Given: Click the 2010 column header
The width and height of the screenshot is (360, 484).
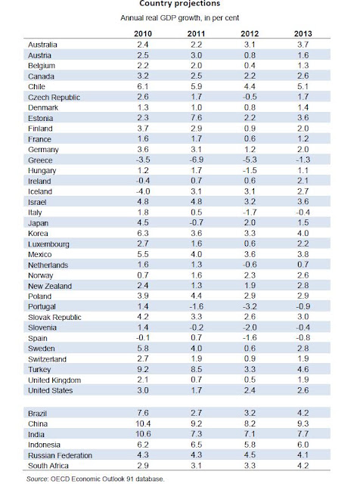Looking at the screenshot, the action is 143,33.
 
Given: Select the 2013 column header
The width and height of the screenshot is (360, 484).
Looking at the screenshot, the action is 303,33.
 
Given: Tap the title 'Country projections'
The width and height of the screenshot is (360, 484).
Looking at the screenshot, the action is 180,3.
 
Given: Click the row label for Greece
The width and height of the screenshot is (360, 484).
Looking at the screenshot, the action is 40,160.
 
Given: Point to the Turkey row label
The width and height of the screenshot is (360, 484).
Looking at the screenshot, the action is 39,370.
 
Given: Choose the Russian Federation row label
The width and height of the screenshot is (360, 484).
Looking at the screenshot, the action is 60,455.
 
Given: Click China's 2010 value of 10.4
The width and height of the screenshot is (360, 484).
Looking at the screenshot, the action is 143,423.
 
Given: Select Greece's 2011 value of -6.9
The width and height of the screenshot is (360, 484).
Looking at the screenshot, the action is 197,160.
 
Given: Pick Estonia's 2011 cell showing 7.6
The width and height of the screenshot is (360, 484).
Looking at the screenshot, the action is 197,118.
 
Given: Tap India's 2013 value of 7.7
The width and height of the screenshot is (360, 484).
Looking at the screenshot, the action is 303,434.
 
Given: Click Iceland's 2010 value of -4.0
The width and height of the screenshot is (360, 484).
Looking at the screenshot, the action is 143,191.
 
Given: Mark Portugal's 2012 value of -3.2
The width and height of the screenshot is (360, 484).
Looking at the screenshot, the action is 250,306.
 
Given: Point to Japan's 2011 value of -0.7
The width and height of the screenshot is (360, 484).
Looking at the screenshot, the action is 197,223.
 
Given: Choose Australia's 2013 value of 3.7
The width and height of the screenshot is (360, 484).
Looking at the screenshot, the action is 303,45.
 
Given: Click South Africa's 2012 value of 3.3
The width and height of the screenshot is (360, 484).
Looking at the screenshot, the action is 250,466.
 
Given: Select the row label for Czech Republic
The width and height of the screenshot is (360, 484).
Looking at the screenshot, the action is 54,98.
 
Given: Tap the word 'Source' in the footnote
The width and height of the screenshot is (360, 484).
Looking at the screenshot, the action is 37,479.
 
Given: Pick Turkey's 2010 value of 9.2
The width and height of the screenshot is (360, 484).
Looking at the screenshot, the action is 143,369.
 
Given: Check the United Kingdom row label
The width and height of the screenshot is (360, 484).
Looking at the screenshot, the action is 54,380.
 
